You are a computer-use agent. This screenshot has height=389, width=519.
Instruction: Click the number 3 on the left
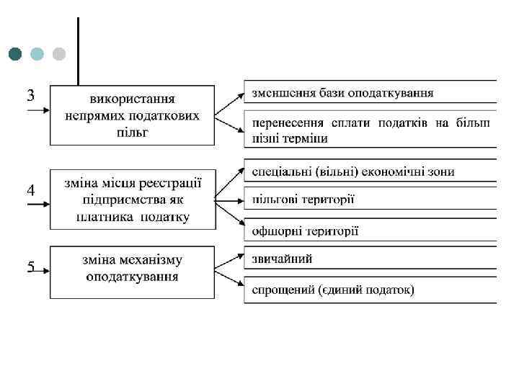[31, 95]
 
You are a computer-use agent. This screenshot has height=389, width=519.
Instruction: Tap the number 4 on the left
[31, 191]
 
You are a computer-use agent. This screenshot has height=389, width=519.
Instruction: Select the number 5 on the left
[31, 267]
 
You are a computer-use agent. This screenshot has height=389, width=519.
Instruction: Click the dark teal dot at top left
[16, 54]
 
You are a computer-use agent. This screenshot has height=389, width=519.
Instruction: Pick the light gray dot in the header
[59, 54]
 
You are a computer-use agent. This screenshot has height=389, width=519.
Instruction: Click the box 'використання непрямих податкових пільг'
[132, 115]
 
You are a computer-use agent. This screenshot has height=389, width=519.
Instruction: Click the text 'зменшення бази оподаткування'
[342, 93]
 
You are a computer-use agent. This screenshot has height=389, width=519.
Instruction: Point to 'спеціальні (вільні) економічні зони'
[352, 171]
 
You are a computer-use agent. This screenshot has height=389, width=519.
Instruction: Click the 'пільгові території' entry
[303, 199]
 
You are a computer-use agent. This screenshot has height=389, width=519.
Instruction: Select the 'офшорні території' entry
[305, 231]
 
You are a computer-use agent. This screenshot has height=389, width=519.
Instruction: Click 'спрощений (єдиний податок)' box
[332, 290]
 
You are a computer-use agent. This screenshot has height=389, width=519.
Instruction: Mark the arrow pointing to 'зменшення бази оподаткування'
[230, 103]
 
